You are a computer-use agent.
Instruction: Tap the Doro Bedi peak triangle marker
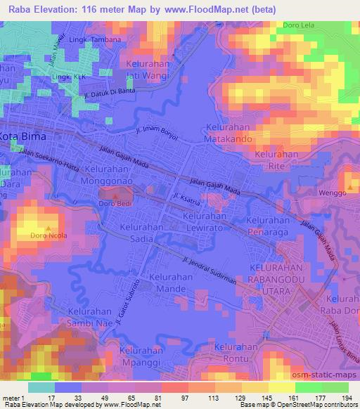click(115, 194)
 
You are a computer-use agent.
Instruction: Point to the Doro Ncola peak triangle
click(48, 228)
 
